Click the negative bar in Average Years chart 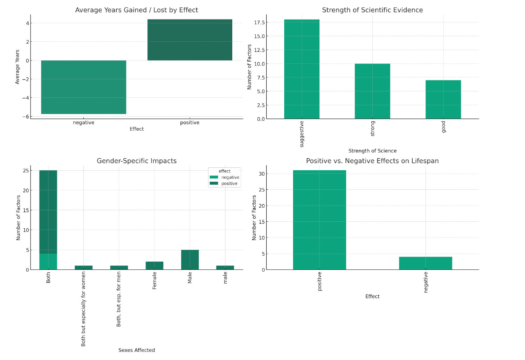83,87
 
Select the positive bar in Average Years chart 190,40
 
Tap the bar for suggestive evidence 302,69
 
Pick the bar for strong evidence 372,91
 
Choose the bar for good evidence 443,99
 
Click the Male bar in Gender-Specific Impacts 190,260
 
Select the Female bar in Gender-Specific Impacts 154,266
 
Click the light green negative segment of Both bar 48,262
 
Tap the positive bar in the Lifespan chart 320,220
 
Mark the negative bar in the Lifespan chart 425,263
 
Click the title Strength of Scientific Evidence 372,10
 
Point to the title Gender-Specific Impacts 137,161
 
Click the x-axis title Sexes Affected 137,350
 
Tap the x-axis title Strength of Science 372,151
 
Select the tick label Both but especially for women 83,311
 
